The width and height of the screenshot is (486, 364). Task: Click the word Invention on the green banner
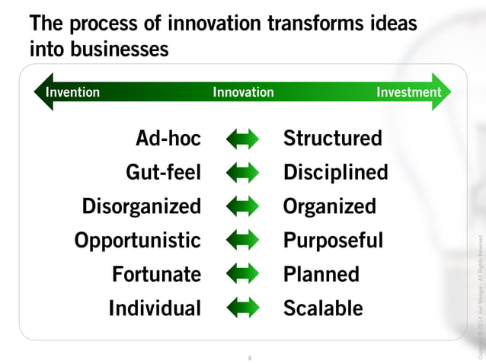click(72, 92)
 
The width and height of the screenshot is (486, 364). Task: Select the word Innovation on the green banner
click(243, 92)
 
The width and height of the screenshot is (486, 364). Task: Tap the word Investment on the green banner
click(409, 92)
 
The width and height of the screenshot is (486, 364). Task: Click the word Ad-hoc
click(168, 139)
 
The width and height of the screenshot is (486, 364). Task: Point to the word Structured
click(333, 139)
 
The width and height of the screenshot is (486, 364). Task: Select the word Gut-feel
click(163, 173)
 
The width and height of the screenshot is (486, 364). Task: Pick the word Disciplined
click(336, 173)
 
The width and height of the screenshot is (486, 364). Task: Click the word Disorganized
click(142, 206)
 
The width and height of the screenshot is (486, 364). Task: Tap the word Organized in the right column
click(330, 206)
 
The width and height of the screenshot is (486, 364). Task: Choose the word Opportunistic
click(138, 241)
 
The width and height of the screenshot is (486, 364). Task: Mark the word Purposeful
click(334, 241)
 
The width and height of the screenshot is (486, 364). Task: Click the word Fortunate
click(157, 274)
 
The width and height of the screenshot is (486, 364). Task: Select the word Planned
click(321, 274)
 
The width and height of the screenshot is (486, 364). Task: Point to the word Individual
click(155, 308)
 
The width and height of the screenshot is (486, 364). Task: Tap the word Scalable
click(323, 308)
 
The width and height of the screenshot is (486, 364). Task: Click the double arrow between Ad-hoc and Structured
click(243, 139)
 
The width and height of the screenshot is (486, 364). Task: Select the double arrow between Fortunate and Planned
click(243, 274)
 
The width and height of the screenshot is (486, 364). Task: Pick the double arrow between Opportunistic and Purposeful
click(243, 241)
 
